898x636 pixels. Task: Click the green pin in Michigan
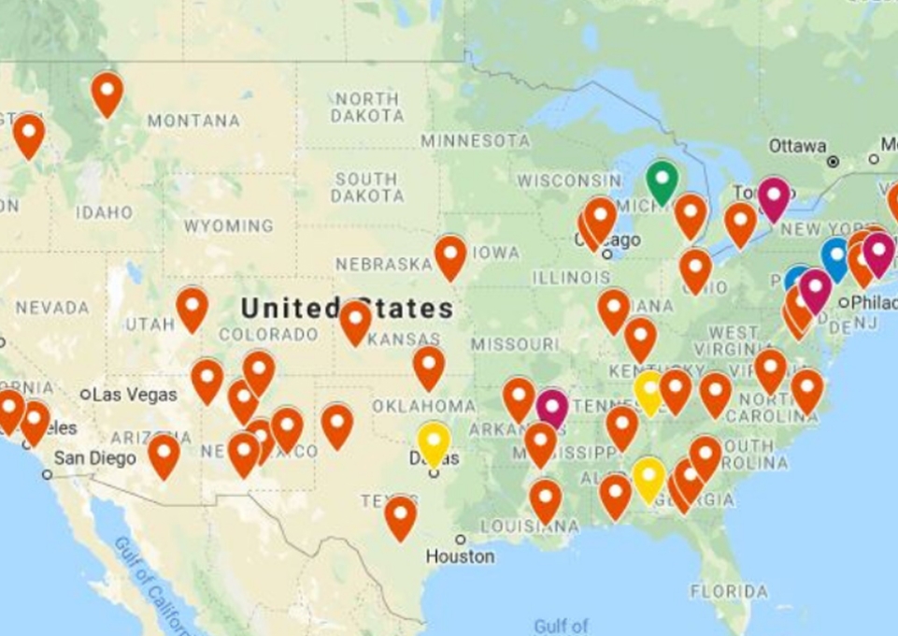[662, 180]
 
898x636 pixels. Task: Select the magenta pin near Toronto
[774, 197]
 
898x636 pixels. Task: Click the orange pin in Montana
[107, 92]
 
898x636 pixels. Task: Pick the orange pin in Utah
[192, 307]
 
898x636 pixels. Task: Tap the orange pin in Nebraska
[450, 255]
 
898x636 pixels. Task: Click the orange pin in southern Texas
[400, 515]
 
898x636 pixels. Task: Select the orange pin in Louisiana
[545, 499]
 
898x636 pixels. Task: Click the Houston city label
[460, 556]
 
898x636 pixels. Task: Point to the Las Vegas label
[136, 395]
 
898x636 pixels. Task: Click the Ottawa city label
[797, 146]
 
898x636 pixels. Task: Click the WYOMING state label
[228, 226]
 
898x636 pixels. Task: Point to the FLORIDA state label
[730, 592]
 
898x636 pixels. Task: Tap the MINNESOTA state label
[475, 141]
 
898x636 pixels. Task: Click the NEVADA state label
[51, 308]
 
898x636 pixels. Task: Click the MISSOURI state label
[514, 344]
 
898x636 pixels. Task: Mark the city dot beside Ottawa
[833, 161]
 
